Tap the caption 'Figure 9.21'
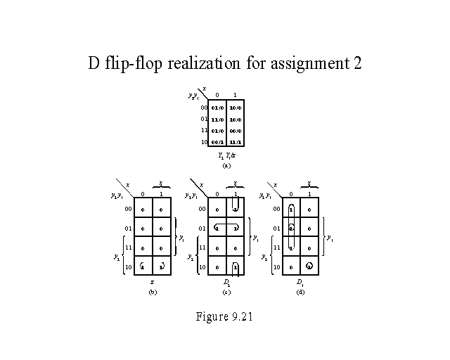tap(224, 316)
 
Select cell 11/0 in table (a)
tap(217, 120)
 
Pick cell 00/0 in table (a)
tap(235, 131)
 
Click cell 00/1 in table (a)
tap(217, 142)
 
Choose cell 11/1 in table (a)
tap(235, 142)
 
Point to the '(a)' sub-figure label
tap(226, 166)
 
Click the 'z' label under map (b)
tap(151, 281)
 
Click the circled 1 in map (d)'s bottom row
tap(309, 267)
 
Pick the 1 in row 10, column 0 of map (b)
tap(142, 267)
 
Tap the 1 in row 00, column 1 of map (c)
tap(235, 209)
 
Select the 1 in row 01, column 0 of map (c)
tap(217, 229)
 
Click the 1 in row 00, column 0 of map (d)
tap(291, 209)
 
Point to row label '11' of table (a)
tap(204, 131)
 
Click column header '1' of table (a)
tap(235, 95)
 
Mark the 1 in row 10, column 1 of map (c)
tap(235, 267)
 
